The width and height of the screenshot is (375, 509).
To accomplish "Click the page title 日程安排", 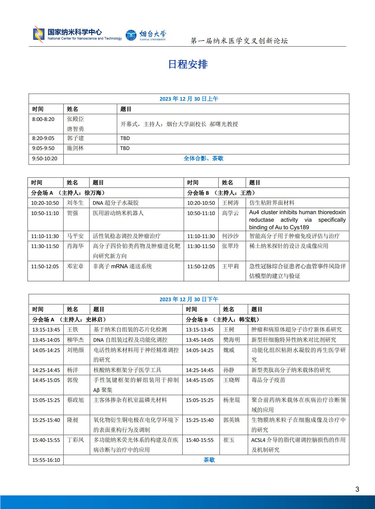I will pyautogui.click(x=188, y=64).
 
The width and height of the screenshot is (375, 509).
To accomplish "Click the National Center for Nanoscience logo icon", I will pyautogui.click(x=39, y=34).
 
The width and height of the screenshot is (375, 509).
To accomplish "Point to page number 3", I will pyautogui.click(x=357, y=489).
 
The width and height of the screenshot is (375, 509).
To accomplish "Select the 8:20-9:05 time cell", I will pyautogui.click(x=43, y=139).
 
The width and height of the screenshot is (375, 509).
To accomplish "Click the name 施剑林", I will pyautogui.click(x=75, y=148).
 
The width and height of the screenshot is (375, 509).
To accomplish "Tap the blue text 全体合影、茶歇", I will pyautogui.click(x=204, y=158).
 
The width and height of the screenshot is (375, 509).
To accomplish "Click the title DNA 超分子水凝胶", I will pyautogui.click(x=116, y=203).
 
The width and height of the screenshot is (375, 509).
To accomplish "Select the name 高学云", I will pyautogui.click(x=230, y=213).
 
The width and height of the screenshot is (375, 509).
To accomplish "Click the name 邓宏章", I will pyautogui.click(x=75, y=266).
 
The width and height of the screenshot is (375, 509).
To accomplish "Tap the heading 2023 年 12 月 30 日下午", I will pyautogui.click(x=189, y=299).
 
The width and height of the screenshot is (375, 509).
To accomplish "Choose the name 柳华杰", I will pyautogui.click(x=75, y=340).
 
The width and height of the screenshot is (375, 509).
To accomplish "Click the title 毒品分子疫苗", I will pyautogui.click(x=268, y=380).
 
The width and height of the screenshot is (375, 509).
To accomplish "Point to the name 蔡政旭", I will pyautogui.click(x=75, y=400).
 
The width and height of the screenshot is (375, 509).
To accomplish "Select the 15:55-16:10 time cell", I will pyautogui.click(x=46, y=460).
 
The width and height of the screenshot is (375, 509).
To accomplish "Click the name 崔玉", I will pyautogui.click(x=229, y=440).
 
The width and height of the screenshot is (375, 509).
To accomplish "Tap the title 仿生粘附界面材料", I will pyautogui.click(x=272, y=203).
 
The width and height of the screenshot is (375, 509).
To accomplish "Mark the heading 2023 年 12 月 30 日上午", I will pyautogui.click(x=189, y=99).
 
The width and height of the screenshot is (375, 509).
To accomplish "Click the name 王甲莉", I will pyautogui.click(x=230, y=266).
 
